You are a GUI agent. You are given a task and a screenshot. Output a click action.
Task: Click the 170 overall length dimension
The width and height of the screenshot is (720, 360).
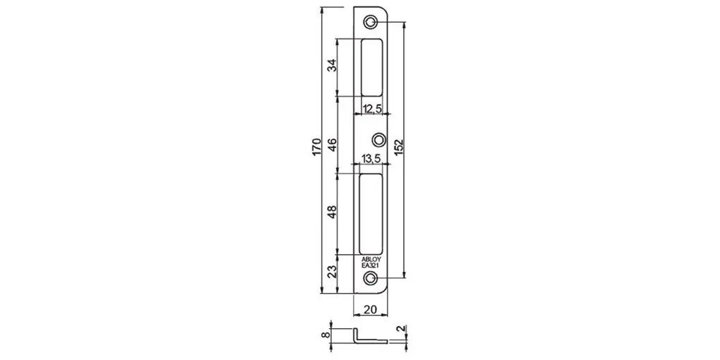(x=317, y=147)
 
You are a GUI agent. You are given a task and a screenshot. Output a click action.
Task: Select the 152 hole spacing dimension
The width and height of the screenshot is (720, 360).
(x=399, y=147)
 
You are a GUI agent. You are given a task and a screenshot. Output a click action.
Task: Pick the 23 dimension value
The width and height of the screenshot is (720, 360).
(x=332, y=272)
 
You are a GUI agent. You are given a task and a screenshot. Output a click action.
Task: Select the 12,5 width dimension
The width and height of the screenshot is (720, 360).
(x=372, y=109)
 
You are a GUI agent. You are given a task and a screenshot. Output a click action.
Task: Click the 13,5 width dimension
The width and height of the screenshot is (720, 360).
(x=371, y=159)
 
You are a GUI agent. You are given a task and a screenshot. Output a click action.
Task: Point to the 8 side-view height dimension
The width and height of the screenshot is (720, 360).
(x=325, y=335)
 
